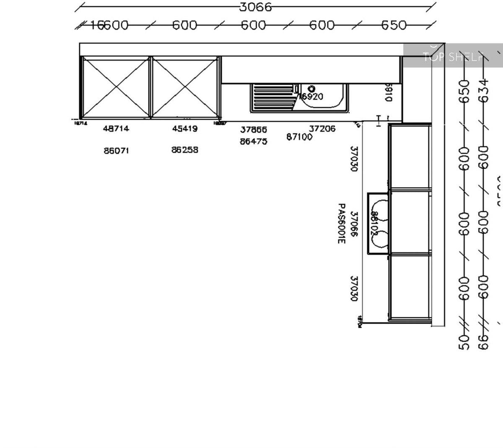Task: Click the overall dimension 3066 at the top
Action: click(256, 7)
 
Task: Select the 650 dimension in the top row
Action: click(394, 26)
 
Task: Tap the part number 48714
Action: click(116, 129)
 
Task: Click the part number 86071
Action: click(116, 150)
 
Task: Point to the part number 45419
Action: click(185, 129)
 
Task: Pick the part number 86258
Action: click(185, 150)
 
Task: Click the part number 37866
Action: click(253, 129)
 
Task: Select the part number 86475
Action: click(253, 142)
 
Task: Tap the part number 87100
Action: click(299, 137)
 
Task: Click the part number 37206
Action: click(322, 129)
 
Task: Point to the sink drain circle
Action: click(312, 89)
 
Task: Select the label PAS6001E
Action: click(341, 224)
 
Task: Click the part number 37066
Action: click(354, 224)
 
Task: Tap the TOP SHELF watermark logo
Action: click(453, 56)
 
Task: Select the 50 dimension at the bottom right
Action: click(464, 342)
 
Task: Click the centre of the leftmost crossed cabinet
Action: click(116, 87)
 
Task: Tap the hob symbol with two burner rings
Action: click(379, 224)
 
